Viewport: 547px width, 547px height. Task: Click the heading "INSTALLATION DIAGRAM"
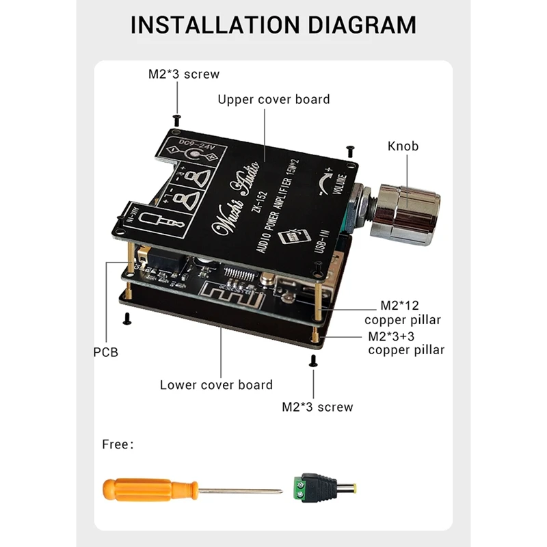pos(273,25)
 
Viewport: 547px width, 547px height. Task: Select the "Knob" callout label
pos(403,146)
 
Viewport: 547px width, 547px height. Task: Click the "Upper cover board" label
pos(273,100)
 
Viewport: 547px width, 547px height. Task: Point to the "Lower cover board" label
pos(216,385)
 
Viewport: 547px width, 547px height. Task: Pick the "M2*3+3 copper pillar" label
pos(406,343)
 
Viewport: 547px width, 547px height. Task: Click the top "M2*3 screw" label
pos(184,74)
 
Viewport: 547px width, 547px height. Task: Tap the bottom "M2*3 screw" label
pos(317,407)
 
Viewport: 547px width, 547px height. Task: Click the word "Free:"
pos(118,444)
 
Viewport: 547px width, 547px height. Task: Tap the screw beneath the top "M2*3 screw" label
pos(177,119)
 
